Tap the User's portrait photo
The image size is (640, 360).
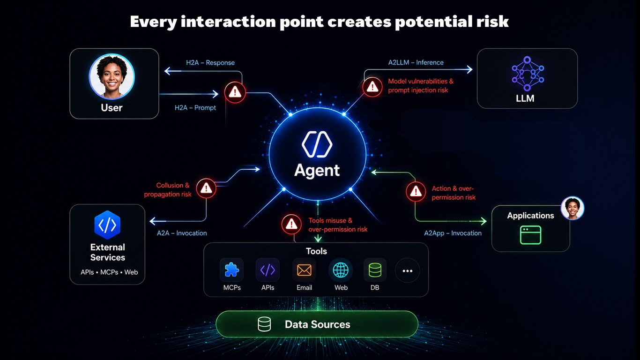pos(112,76)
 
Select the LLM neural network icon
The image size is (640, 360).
pos(528,74)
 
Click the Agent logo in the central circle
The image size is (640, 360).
pos(317,144)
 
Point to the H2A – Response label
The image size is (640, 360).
pos(210,63)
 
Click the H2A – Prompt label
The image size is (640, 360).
pos(195,108)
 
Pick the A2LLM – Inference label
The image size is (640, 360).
pos(416,62)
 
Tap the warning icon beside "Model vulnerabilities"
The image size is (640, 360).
pos(372,87)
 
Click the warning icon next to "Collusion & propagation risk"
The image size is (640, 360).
pos(206,188)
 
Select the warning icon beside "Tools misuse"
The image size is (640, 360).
pos(291,224)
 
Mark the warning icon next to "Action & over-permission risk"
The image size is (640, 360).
pos(416,191)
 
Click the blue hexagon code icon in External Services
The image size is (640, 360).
pos(107,225)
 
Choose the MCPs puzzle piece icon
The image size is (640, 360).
pos(231,270)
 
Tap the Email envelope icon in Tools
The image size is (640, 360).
pos(304,270)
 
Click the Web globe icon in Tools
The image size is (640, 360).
pos(341,270)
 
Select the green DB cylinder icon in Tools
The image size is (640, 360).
pos(375,270)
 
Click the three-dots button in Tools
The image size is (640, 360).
pos(408,270)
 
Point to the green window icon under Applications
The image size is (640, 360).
pos(530,235)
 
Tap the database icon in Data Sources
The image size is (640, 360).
pos(264,324)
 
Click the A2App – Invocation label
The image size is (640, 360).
pos(453,233)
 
